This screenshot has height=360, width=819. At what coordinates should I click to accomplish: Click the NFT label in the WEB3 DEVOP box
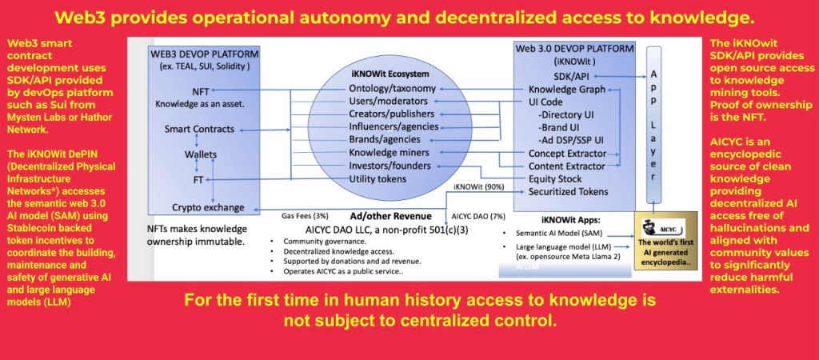[x=201, y=91]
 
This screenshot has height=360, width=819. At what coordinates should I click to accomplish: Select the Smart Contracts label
[x=199, y=129]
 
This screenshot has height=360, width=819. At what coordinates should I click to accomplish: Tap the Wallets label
[x=201, y=154]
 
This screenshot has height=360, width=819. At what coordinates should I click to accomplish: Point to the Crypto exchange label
[x=209, y=207]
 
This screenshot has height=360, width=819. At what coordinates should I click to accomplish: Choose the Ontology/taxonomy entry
[x=392, y=89]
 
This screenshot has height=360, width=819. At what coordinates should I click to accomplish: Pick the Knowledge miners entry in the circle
[x=390, y=153]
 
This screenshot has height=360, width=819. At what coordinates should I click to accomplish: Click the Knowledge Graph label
[x=567, y=90]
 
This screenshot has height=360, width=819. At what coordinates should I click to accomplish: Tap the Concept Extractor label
[x=567, y=154]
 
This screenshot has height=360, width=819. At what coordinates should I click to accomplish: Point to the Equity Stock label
[x=555, y=178]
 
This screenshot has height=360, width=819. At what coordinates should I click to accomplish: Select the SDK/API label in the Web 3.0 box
[x=557, y=76]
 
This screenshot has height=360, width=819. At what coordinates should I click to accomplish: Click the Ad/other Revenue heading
[x=390, y=216]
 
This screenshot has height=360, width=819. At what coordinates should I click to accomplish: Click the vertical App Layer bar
[x=654, y=124]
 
